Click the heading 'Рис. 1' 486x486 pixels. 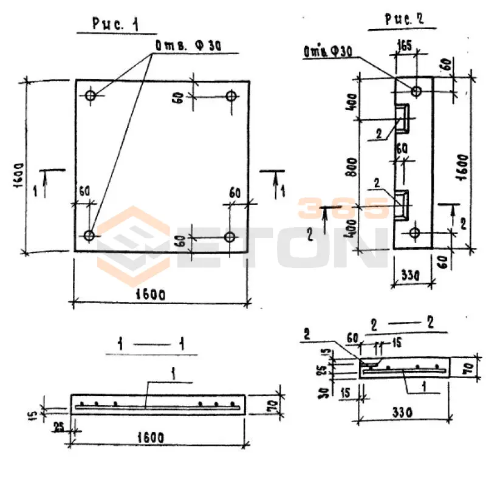click(x=115, y=24)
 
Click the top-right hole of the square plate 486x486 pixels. click(x=231, y=95)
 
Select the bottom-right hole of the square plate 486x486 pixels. click(x=230, y=236)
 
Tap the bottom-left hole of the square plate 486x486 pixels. click(x=89, y=234)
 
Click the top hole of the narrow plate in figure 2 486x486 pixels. click(x=416, y=91)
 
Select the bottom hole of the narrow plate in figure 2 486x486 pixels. click(x=415, y=233)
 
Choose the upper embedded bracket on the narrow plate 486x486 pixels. click(x=403, y=117)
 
